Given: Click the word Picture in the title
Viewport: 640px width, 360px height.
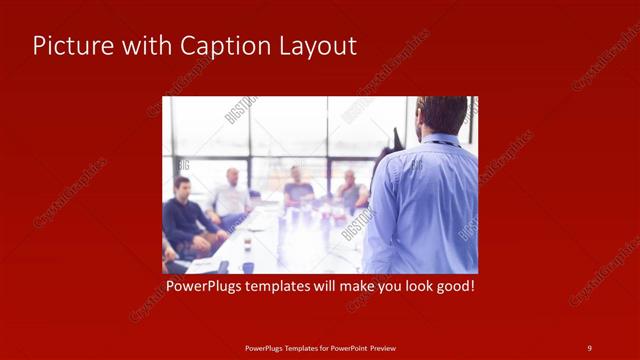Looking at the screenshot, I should click(x=68, y=46).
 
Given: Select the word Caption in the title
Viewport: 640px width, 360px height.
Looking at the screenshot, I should click(x=216, y=46).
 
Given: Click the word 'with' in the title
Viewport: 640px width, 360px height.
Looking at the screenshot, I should click(x=141, y=46).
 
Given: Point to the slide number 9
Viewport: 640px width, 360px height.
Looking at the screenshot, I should click(x=589, y=347).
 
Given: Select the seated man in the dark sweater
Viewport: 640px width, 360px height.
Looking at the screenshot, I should click(x=183, y=215).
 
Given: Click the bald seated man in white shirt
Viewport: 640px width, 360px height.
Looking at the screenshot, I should click(x=232, y=196).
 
